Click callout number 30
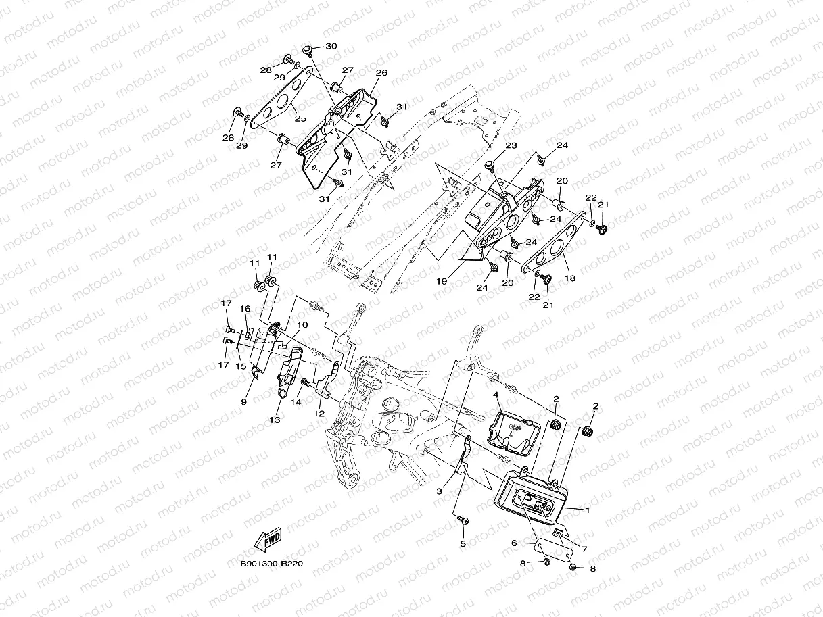[x=331, y=46]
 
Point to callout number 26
[x=381, y=73]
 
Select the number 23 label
[x=510, y=146]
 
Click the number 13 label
[x=274, y=420]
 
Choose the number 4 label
[x=496, y=394]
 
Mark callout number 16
[x=245, y=309]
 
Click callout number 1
[x=588, y=510]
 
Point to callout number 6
[x=514, y=543]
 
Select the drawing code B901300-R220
[x=271, y=563]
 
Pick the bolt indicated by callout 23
[x=491, y=166]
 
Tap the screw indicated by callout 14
[x=304, y=382]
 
